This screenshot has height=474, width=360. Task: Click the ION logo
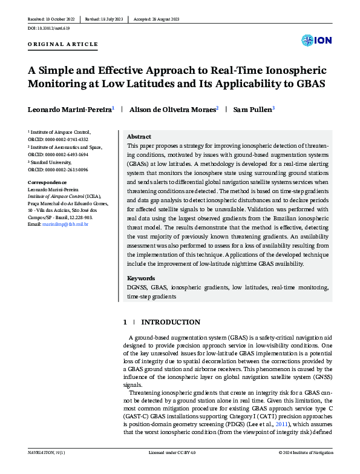point(316,41)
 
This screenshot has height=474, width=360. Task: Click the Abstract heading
point(139,137)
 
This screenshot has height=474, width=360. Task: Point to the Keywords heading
point(141,278)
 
